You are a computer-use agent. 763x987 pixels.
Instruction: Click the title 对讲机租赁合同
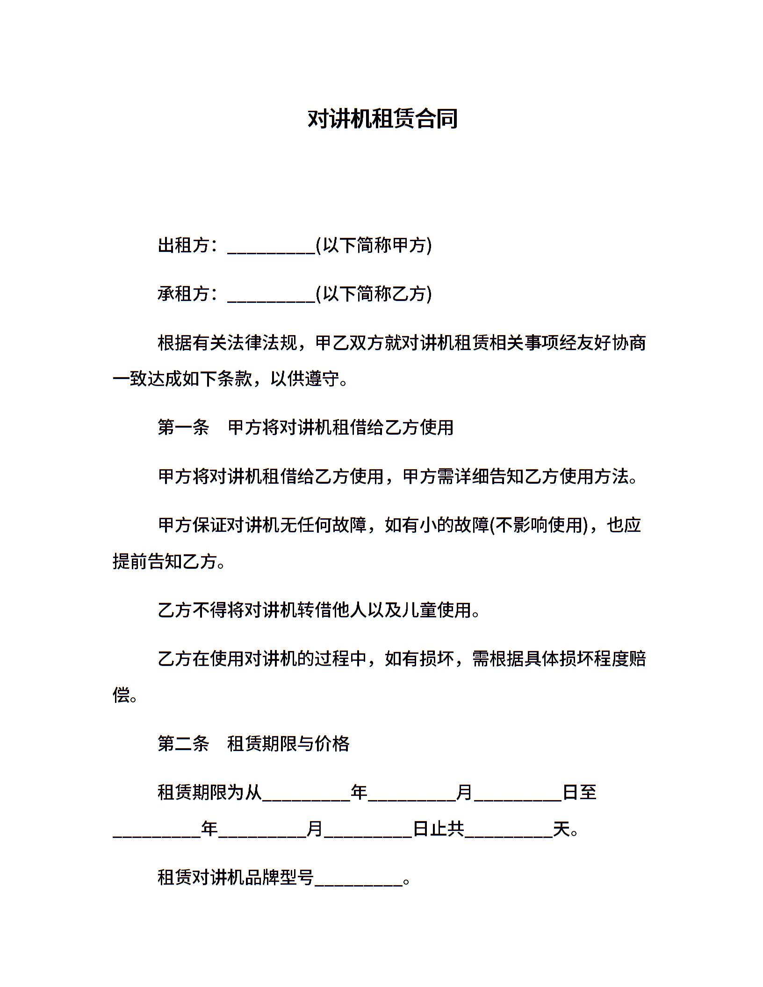[x=382, y=119]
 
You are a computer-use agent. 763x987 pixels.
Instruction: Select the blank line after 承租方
[x=271, y=295]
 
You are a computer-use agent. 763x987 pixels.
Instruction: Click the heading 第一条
[x=183, y=427]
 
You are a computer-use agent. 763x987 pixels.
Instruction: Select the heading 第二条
[x=183, y=743]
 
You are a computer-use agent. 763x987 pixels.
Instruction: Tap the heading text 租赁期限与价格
[x=288, y=743]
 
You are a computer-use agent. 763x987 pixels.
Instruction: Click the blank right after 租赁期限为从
[x=306, y=794]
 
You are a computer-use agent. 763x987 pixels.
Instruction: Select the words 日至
[x=580, y=792]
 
